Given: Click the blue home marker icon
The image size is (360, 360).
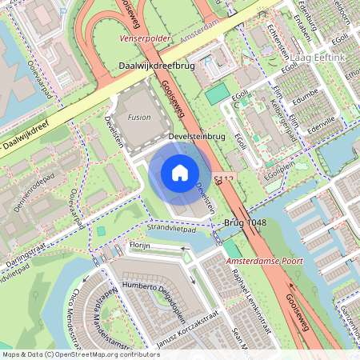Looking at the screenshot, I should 180,172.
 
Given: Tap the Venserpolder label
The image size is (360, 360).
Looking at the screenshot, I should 144,38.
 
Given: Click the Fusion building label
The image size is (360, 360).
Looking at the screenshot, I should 138,117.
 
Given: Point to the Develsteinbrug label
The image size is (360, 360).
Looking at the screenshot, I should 197,138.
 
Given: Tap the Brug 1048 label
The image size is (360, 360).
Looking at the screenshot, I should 246,222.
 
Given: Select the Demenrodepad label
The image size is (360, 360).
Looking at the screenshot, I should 33,191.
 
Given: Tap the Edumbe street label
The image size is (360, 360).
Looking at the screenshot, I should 305,100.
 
